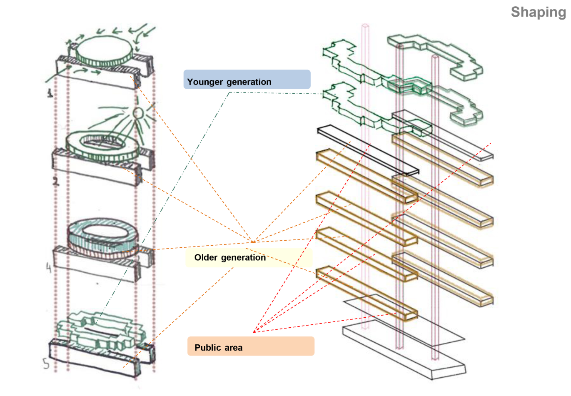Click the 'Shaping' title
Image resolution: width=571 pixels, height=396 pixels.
(x=538, y=12)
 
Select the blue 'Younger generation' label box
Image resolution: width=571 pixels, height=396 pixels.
(x=247, y=80)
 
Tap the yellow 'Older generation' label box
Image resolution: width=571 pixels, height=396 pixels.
(x=249, y=258)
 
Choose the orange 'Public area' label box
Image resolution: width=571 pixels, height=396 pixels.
(x=251, y=346)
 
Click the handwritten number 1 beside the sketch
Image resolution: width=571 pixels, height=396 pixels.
(x=50, y=92)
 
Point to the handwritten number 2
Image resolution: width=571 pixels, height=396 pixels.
(x=55, y=180)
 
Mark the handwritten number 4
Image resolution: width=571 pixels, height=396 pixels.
(x=49, y=268)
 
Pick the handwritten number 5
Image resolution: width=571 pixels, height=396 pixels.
(x=46, y=364)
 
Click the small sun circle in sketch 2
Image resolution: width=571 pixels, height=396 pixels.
(x=138, y=113)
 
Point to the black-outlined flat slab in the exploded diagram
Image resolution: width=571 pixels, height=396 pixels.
(x=368, y=150)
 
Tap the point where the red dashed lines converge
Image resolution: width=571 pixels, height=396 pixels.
(x=254, y=332)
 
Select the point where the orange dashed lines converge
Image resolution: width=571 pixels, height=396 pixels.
(x=253, y=242)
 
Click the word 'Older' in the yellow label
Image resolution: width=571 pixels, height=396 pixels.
(x=206, y=258)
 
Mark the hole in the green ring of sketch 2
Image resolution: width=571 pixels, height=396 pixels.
(x=102, y=143)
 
